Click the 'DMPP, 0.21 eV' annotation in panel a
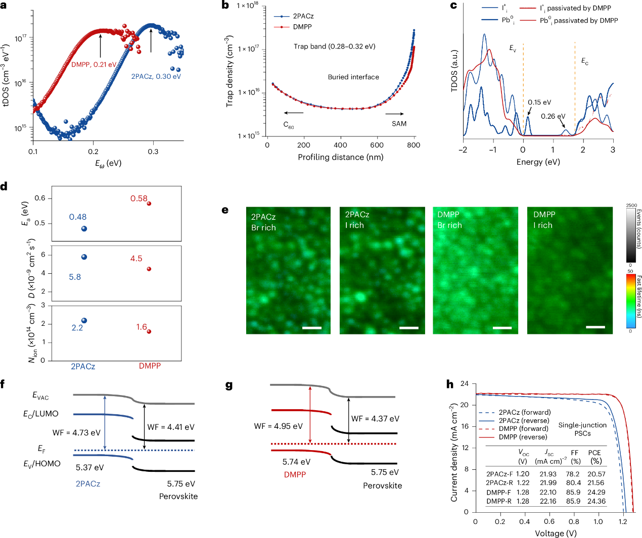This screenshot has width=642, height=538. (x=94, y=65)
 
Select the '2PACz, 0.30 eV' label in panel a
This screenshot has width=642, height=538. (x=156, y=77)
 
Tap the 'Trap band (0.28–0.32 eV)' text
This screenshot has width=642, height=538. (x=334, y=46)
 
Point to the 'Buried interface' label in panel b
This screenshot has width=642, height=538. (x=353, y=77)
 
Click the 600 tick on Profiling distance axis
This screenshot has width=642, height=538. (x=377, y=145)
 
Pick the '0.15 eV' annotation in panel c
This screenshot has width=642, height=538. (x=539, y=103)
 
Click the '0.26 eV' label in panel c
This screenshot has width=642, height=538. (x=553, y=117)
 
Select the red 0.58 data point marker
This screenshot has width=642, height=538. (x=149, y=204)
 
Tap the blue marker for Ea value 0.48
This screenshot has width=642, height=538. (x=84, y=229)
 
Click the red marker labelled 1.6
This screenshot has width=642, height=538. (x=149, y=331)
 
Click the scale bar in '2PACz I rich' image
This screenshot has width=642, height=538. (x=409, y=328)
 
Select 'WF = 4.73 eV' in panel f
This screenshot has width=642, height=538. (x=76, y=433)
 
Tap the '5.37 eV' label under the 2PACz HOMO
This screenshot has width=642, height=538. (x=89, y=468)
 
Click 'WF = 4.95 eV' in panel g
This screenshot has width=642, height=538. (x=278, y=426)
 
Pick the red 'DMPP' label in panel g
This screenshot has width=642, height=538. (x=295, y=475)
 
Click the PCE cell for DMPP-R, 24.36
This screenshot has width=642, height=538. (x=597, y=501)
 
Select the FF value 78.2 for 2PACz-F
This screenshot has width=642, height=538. (x=573, y=474)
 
